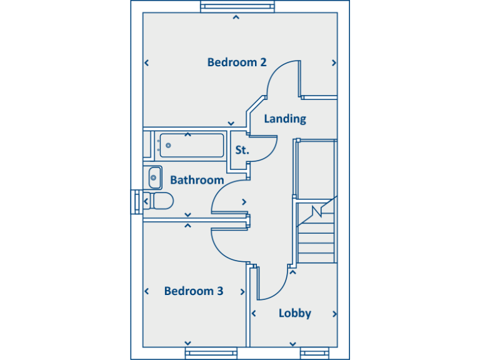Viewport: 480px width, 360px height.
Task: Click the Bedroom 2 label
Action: (x=237, y=62)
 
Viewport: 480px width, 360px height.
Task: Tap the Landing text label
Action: (x=285, y=119)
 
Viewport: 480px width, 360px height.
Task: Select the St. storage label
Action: (x=242, y=150)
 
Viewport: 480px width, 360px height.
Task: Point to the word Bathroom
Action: (x=197, y=181)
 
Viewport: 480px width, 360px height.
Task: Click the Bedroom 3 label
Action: (x=194, y=291)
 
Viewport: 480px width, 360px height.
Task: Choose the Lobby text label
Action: (x=295, y=314)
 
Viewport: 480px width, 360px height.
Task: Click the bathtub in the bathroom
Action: (x=191, y=145)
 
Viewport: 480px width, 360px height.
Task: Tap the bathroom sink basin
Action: (x=154, y=177)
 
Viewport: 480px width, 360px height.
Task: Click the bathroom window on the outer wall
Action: (x=136, y=202)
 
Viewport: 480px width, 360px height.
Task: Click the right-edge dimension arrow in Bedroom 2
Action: (x=334, y=62)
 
